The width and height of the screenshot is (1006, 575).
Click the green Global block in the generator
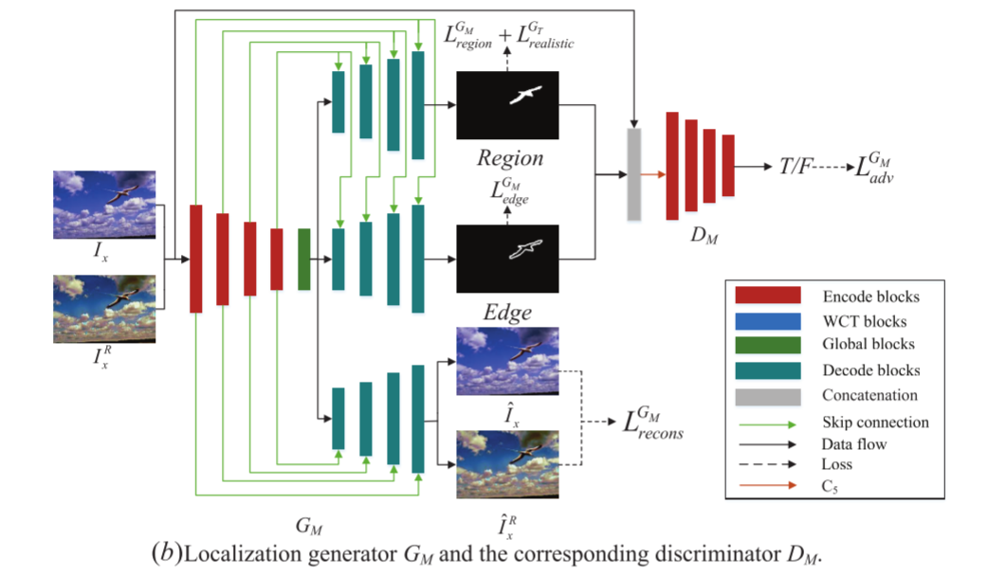pos(304,259)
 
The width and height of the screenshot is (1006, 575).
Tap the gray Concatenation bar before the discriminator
pos(634,174)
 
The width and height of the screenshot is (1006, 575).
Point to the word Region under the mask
pos(510,158)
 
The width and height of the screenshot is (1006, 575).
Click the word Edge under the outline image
pos(508,312)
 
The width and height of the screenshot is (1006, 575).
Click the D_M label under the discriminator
pos(704,237)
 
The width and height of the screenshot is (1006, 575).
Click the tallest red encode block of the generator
pos(196,258)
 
